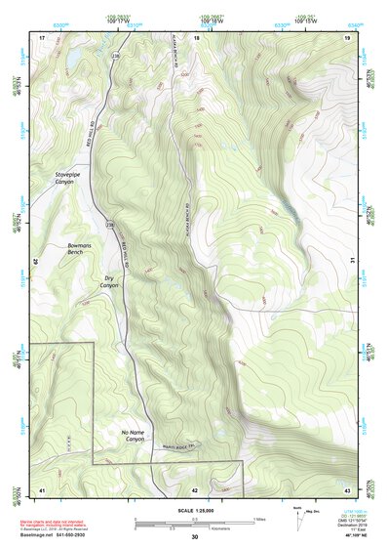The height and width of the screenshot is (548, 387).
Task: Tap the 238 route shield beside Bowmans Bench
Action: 110,226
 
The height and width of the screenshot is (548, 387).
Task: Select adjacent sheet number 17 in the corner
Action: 42,36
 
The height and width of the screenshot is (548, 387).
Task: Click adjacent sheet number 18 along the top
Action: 196,36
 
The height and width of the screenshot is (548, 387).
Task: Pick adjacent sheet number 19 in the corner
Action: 346,36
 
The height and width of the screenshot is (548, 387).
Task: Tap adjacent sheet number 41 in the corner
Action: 42,488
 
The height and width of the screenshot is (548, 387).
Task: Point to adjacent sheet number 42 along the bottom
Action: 195,488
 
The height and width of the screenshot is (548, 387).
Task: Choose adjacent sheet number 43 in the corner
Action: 346,488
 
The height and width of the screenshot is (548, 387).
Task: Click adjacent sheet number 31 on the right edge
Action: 352,260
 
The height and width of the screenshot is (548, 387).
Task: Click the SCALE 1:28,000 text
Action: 194,511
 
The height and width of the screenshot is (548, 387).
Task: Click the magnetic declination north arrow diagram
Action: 296,516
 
